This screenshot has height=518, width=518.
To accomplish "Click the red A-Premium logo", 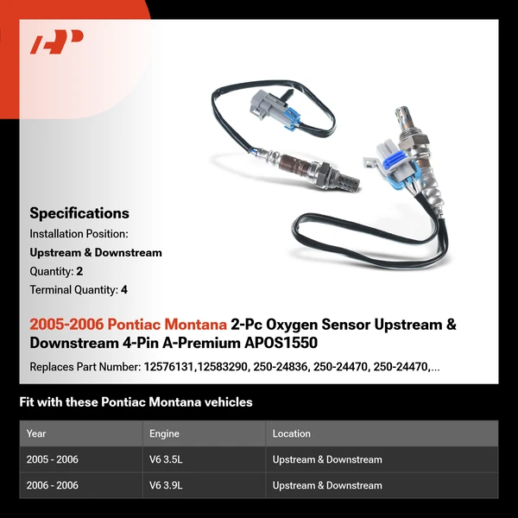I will [57, 42].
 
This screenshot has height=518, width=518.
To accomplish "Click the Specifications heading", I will [79, 213].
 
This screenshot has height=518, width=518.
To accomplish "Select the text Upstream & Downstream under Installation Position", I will [96, 252].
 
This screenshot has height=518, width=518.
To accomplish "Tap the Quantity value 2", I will [79, 271].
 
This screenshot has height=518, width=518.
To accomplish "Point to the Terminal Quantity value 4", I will [124, 290].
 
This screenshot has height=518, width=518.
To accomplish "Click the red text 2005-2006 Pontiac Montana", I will [128, 325].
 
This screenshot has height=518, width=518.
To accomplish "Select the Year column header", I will [36, 433].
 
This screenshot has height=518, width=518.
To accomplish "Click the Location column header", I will [292, 433].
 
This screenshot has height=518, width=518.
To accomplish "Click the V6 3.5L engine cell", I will [168, 459].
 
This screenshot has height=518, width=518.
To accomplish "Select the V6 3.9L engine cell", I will [168, 485].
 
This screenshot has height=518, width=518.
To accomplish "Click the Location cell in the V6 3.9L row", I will [327, 485].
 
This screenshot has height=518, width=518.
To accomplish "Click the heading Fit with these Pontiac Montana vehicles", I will [136, 402].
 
